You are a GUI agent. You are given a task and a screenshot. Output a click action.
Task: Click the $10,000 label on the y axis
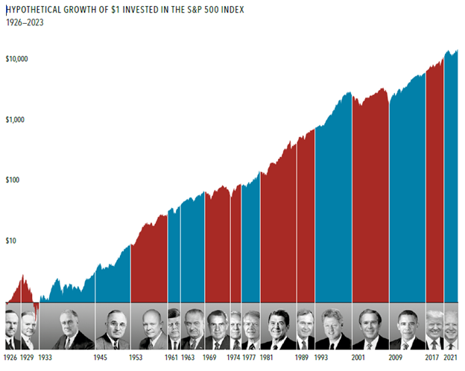(x=16, y=59)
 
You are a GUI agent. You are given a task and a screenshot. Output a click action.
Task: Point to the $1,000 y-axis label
(x=15, y=119)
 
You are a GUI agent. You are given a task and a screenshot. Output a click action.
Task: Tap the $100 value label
(x=13, y=180)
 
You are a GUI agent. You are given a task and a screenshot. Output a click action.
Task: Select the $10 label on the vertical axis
(x=10, y=241)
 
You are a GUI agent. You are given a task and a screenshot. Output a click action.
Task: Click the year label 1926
(x=10, y=358)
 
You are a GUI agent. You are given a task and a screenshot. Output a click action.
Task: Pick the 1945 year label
(x=101, y=358)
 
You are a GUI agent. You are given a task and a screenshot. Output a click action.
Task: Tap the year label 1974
(x=233, y=358)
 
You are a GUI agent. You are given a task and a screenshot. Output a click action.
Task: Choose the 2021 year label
(x=450, y=358)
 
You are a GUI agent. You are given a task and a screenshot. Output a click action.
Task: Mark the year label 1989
(x=302, y=358)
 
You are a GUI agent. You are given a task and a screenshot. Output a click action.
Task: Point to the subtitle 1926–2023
(x=25, y=22)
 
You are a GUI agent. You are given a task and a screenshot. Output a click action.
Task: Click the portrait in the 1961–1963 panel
(x=174, y=329)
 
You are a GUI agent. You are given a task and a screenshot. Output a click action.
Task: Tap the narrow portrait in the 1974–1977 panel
(x=236, y=329)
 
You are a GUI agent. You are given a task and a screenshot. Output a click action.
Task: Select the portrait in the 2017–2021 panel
(x=434, y=329)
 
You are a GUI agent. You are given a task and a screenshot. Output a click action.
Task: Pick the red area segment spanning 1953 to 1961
(x=149, y=261)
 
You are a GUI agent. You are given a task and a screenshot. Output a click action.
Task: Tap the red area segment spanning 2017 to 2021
(x=434, y=184)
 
